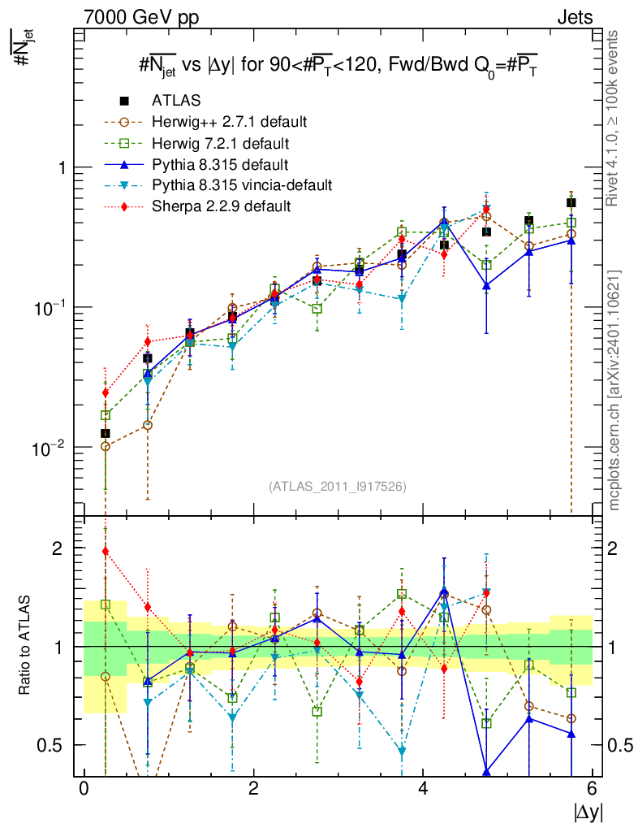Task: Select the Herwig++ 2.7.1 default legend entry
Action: click(229, 122)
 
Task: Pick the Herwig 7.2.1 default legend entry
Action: click(221, 143)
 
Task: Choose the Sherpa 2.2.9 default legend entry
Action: click(221, 206)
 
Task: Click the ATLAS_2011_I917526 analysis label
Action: click(338, 486)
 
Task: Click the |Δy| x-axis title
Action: click(587, 812)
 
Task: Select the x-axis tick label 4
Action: click(423, 789)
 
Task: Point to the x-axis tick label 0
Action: click(84, 789)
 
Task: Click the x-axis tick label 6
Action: click(593, 789)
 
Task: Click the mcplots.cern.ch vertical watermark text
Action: click(615, 390)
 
